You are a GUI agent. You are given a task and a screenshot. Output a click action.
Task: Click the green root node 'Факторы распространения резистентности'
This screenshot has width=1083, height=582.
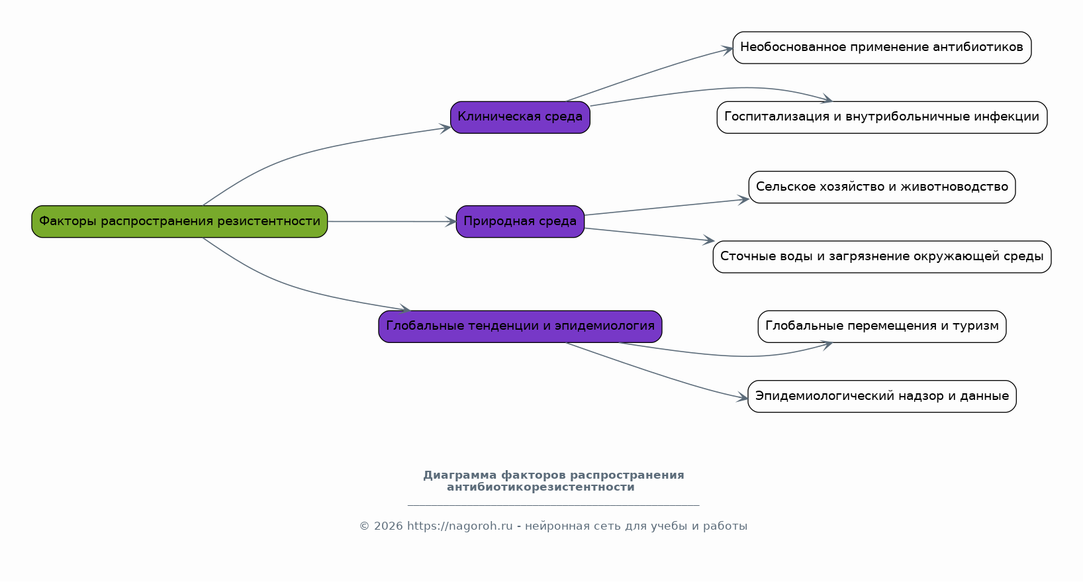(x=179, y=221)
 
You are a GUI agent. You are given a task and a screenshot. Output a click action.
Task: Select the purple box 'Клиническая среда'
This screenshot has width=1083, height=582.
(x=520, y=117)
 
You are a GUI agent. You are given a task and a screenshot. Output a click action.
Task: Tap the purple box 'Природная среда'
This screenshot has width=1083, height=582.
(x=520, y=221)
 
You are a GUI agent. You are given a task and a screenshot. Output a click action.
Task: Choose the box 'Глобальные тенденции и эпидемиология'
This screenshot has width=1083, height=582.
(x=520, y=327)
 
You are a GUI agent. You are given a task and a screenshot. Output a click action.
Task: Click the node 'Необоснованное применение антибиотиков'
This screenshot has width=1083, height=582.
(x=882, y=48)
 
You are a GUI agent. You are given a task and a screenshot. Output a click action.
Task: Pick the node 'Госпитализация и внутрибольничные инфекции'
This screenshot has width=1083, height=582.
(x=882, y=117)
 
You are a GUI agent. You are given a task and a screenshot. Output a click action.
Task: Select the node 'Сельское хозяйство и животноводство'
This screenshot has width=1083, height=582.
(x=882, y=187)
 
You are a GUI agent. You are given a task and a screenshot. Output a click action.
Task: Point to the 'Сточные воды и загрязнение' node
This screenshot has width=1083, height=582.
(x=882, y=257)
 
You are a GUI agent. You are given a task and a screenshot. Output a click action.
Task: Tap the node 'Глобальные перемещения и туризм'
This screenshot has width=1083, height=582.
(x=882, y=327)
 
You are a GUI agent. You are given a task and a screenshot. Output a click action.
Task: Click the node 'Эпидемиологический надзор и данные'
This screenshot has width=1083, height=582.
(x=882, y=397)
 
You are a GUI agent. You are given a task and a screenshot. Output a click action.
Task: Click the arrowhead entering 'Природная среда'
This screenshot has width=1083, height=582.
(x=451, y=222)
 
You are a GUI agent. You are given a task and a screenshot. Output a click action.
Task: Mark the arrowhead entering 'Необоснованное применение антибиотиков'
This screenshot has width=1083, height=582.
(x=727, y=49)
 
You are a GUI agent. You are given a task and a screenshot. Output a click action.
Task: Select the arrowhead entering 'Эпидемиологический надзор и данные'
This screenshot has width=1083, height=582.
(x=742, y=398)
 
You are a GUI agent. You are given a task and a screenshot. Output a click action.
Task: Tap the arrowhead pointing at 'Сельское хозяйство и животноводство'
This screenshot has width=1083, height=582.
(x=743, y=200)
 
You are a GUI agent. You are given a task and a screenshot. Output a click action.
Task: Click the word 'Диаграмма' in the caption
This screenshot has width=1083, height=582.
(x=460, y=475)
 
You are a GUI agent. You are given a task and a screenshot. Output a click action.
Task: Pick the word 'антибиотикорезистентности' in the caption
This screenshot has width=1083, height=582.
(x=541, y=487)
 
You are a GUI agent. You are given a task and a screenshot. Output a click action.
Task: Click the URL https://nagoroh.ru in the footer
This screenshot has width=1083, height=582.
(x=460, y=526)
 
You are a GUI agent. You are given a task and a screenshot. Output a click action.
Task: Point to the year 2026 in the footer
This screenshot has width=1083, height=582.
(x=388, y=526)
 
